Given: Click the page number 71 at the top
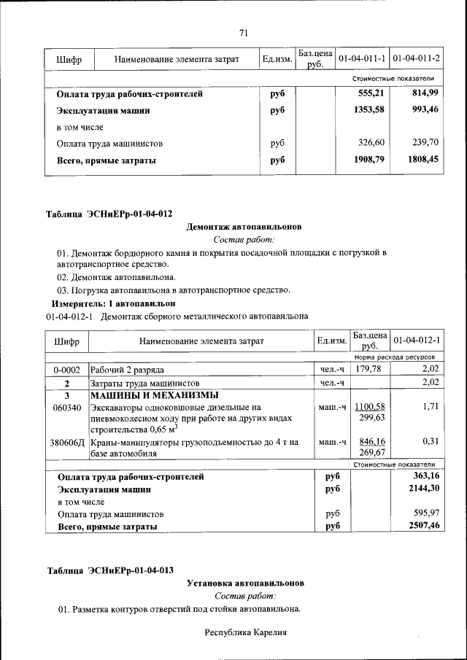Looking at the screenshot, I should pyautogui.click(x=244, y=32).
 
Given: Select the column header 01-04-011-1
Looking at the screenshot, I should pyautogui.click(x=362, y=58).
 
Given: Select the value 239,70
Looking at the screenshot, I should pyautogui.click(x=425, y=143).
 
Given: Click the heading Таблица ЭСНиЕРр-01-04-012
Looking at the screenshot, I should pyautogui.click(x=109, y=214).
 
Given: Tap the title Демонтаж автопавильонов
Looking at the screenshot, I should pyautogui.click(x=244, y=227).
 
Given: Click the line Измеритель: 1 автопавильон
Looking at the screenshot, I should pyautogui.click(x=113, y=302).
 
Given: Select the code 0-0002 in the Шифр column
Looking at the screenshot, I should pyautogui.click(x=66, y=370).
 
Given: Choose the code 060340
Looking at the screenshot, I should pyautogui.click(x=66, y=407).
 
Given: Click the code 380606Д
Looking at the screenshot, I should pyautogui.click(x=66, y=442).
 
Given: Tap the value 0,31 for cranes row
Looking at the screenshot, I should pyautogui.click(x=430, y=442).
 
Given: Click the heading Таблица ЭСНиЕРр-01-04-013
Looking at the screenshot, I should pyautogui.click(x=109, y=570).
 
